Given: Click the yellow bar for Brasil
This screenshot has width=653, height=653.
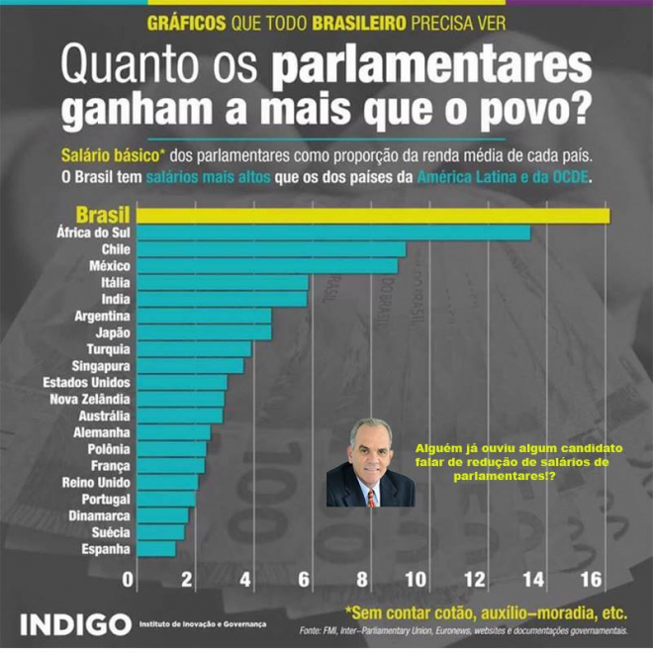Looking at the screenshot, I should [x=373, y=216].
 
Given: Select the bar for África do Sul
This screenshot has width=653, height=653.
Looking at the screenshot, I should [x=333, y=233].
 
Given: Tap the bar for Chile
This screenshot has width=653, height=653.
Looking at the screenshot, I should [x=271, y=249].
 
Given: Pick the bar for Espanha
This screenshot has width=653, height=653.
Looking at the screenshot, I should [x=156, y=548].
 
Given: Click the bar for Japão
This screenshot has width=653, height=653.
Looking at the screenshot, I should [x=204, y=332].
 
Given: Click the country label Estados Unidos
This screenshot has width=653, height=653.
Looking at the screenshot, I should [x=86, y=382].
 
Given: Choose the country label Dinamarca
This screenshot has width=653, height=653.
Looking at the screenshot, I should [x=99, y=515].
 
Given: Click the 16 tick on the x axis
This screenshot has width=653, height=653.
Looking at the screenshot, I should [x=592, y=579].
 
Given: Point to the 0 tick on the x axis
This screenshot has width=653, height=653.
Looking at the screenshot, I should [x=128, y=579].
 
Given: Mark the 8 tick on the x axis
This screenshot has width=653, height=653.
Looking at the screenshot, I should [x=362, y=579].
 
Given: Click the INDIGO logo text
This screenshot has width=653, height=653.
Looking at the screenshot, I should [x=75, y=625].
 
